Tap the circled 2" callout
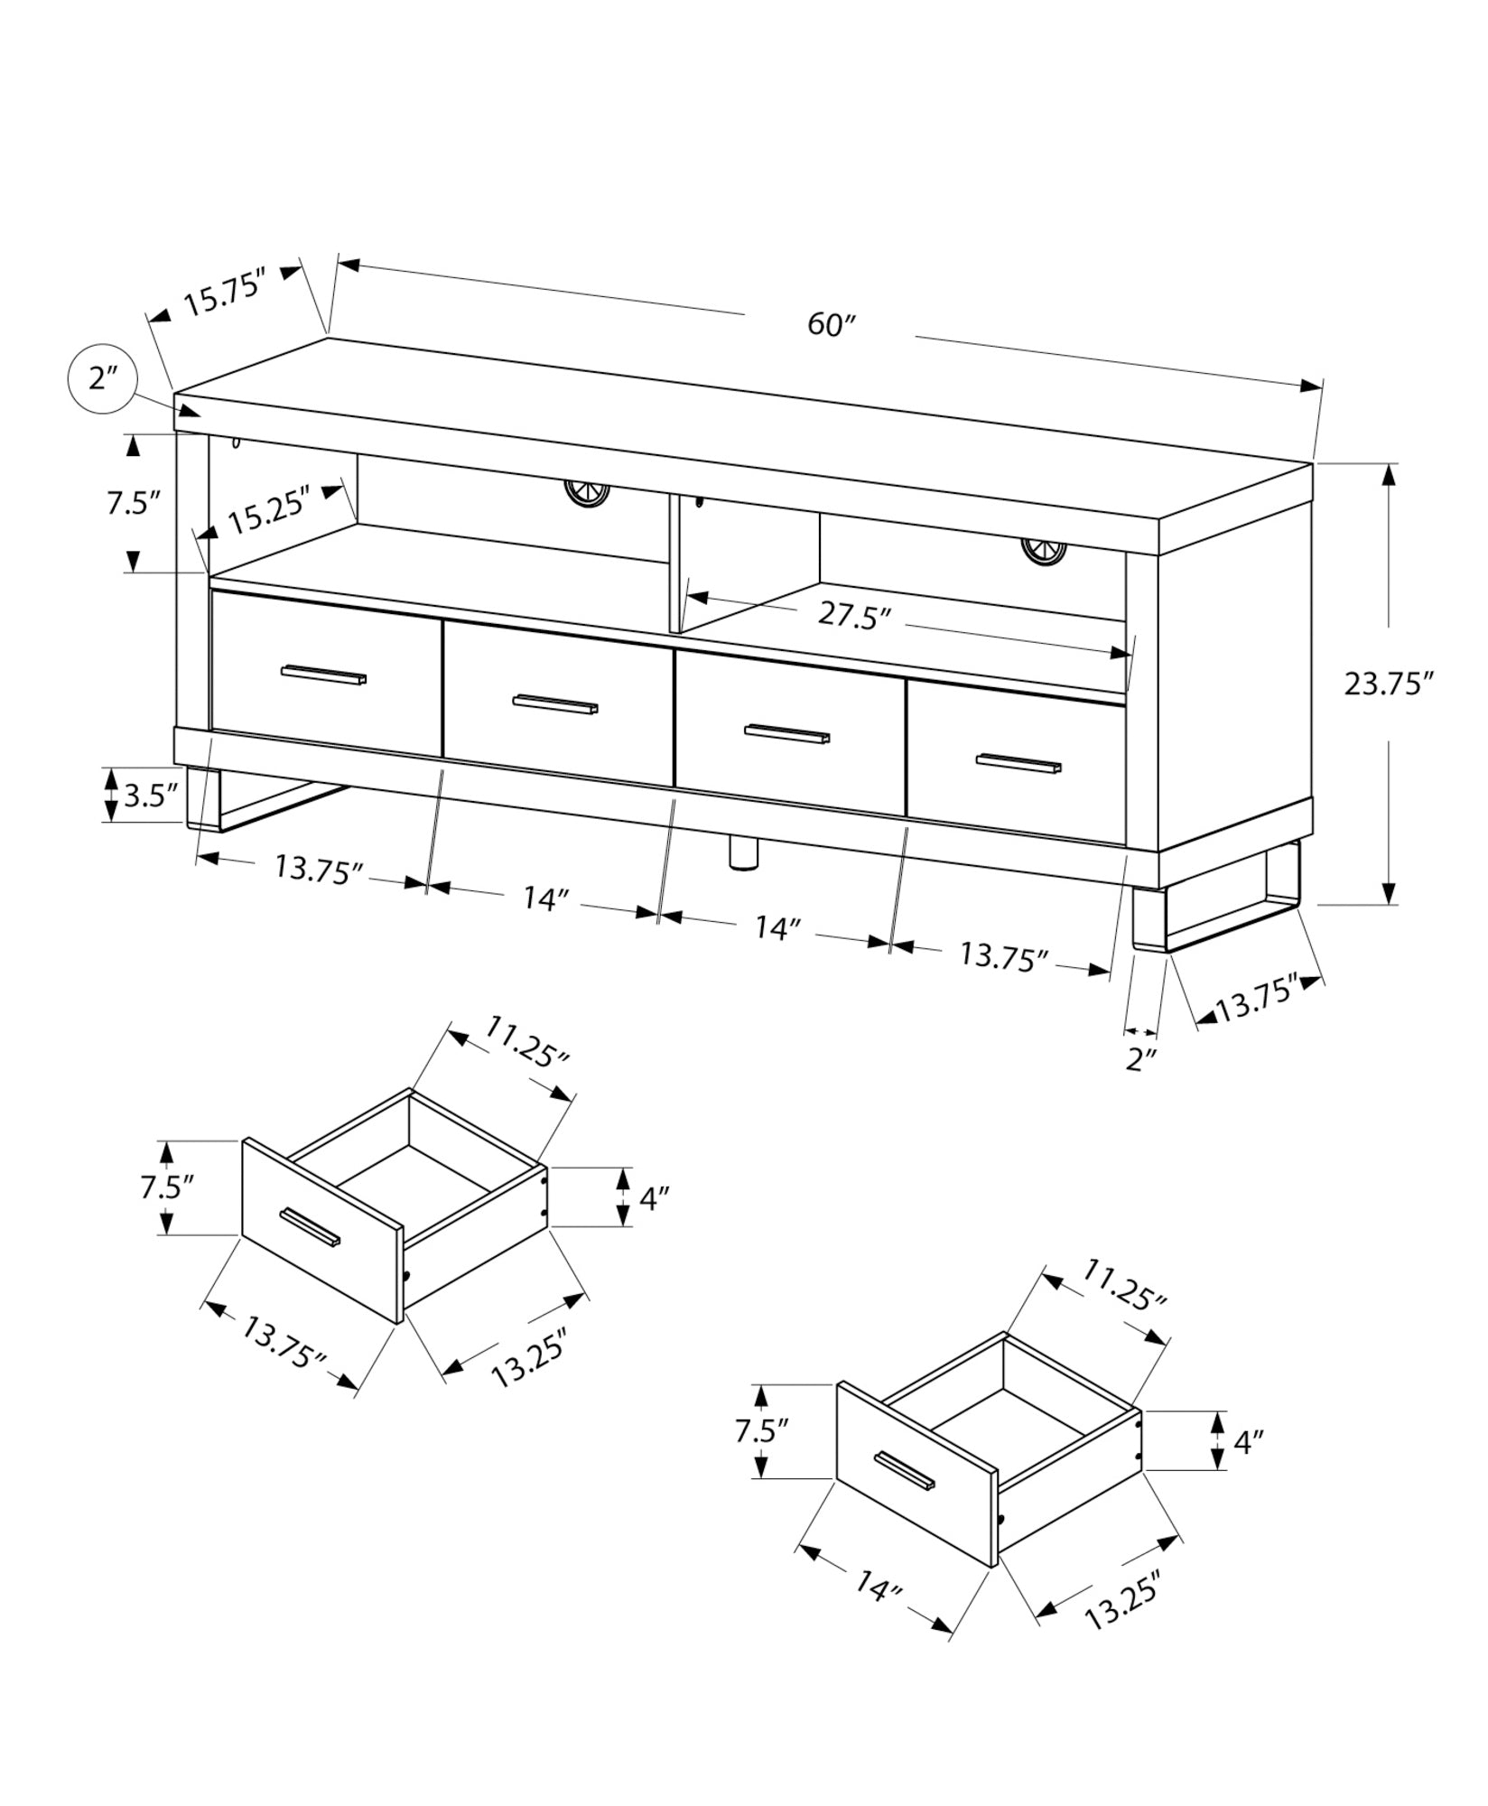tap(101, 379)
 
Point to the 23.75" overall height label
tap(1389, 684)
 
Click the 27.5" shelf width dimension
tap(854, 616)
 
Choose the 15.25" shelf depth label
tap(269, 517)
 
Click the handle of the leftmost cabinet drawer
tap(323, 675)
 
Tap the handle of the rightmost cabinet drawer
tap(1018, 763)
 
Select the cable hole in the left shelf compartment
tap(587, 493)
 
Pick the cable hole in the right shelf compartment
tap(1044, 550)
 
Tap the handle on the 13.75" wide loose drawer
tap(310, 1227)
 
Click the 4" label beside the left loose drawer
tap(654, 1198)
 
